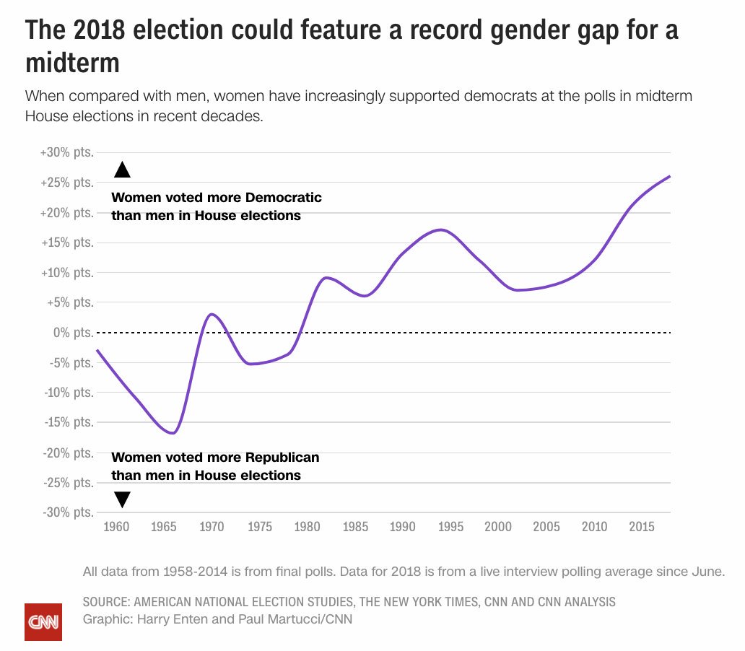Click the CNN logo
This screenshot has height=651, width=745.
[43, 621]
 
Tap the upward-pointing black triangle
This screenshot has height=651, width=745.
[122, 170]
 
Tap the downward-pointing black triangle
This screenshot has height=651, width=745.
[122, 499]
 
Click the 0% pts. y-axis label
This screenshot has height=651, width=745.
[74, 333]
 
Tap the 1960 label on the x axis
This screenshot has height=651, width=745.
[116, 527]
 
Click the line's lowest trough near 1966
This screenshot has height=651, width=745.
[173, 433]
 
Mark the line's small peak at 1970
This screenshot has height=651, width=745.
[211, 314]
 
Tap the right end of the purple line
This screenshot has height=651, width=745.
[670, 176]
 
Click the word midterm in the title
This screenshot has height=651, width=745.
[72, 63]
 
